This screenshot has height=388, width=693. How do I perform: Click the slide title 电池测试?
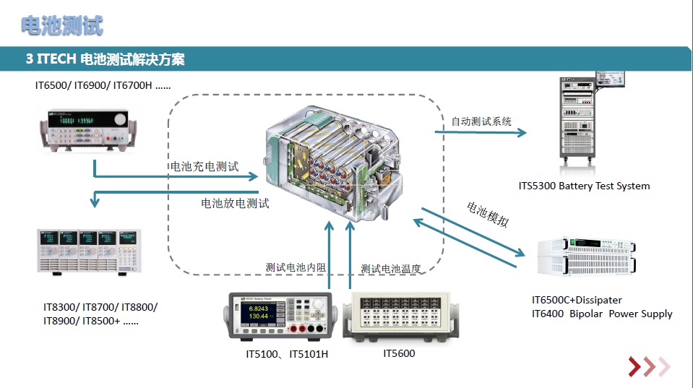point(61,26)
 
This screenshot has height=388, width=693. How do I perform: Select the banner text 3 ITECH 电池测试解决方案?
point(105,59)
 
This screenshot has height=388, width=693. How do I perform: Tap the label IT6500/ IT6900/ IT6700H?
point(103,85)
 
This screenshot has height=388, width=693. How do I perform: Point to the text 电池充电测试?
point(204,167)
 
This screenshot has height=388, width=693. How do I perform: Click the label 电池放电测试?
point(235,203)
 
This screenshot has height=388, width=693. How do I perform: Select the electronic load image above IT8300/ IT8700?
point(85,251)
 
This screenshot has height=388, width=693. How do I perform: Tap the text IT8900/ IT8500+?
point(91,321)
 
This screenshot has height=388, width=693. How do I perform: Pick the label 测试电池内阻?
point(296,267)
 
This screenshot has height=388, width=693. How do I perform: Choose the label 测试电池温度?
point(390,269)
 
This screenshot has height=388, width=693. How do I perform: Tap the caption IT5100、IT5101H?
point(287,354)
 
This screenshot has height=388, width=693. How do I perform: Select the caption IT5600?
point(399,353)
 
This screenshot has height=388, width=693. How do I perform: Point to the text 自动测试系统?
point(481,121)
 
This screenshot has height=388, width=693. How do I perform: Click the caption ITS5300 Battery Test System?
point(584,186)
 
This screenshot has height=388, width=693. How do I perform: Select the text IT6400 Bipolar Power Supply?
point(602,314)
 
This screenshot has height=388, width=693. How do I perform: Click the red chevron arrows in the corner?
point(648,367)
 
